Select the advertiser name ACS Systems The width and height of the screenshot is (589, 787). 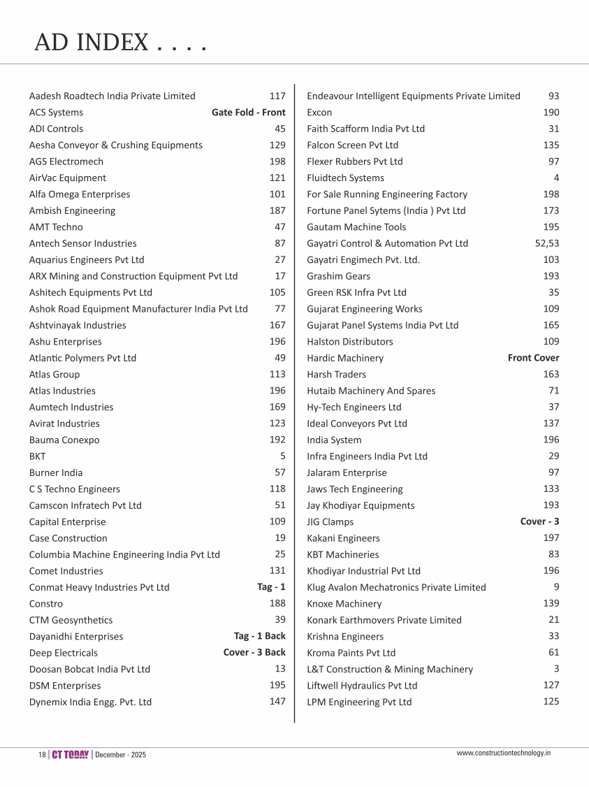[56, 113]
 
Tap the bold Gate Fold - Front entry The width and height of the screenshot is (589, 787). [248, 113]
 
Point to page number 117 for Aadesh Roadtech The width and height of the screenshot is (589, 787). [277, 96]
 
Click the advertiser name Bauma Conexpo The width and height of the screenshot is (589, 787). [64, 440]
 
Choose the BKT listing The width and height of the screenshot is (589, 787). [38, 456]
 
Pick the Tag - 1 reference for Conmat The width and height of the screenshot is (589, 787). [271, 587]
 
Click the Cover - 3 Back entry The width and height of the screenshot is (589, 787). [254, 652]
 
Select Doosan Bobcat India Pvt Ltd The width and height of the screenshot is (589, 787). [89, 669]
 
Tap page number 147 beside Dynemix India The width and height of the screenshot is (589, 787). [277, 701]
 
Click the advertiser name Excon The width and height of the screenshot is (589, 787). [319, 113]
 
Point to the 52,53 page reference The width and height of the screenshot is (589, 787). [542, 243]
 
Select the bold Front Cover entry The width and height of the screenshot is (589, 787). [533, 358]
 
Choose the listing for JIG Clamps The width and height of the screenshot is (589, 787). [330, 522]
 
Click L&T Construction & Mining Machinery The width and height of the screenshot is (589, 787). [390, 669]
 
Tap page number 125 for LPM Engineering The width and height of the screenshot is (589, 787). [551, 701]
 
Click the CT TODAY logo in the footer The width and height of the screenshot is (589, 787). [71, 755]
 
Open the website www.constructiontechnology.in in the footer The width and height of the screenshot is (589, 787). [504, 753]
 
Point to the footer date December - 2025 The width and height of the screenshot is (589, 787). [121, 756]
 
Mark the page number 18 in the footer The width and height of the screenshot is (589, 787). [42, 756]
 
